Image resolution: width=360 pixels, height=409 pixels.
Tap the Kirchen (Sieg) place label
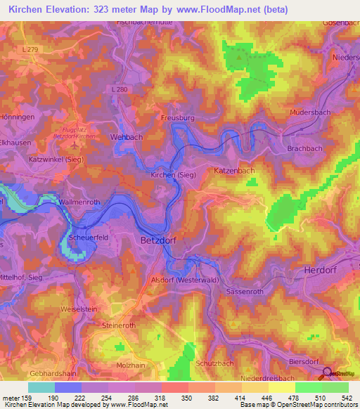click(x=174, y=174)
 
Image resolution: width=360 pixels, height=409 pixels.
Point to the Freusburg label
click(x=176, y=118)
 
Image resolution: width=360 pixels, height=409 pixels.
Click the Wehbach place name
click(x=127, y=138)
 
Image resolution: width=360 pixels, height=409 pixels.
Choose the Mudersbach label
click(x=311, y=112)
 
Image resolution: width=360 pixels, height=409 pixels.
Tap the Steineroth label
click(x=118, y=326)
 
